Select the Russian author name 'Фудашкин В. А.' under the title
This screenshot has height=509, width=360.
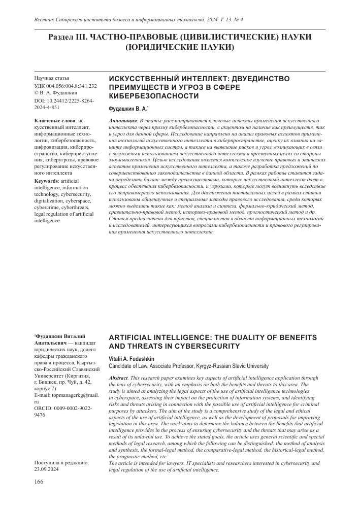tap(128, 109)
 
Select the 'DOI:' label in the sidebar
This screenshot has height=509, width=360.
tap(41, 101)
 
